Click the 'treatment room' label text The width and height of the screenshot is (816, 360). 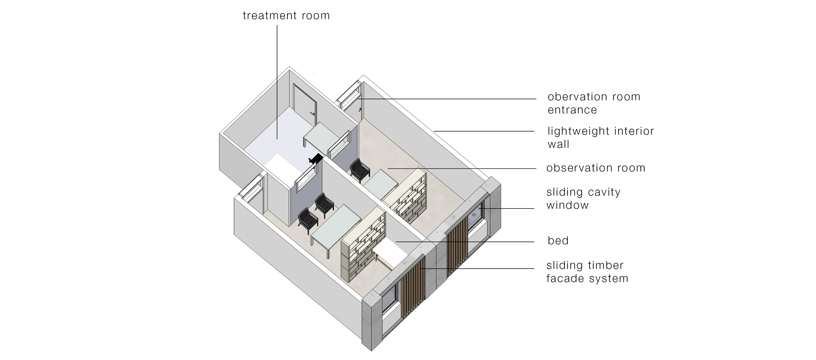point(286,16)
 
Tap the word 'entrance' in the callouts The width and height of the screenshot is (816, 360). point(572,110)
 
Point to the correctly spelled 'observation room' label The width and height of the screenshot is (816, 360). point(596,168)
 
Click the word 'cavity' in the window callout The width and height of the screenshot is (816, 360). point(604,192)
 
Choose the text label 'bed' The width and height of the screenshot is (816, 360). point(558,241)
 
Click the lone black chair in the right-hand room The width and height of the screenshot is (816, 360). point(360,170)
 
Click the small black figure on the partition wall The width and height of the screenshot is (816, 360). point(316,159)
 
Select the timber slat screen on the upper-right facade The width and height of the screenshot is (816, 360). point(457,246)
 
